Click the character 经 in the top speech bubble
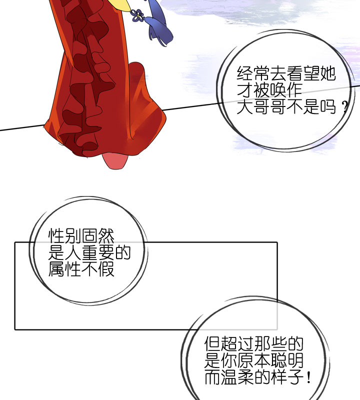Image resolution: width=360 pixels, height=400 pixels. pyautogui.click(x=245, y=74)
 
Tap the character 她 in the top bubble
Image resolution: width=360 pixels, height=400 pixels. pyautogui.click(x=327, y=74)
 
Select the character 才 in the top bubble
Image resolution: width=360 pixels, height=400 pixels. pyautogui.click(x=245, y=90)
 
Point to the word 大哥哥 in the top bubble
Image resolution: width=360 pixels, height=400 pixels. pyautogui.click(x=261, y=106)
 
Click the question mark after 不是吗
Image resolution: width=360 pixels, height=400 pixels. pyautogui.click(x=345, y=107)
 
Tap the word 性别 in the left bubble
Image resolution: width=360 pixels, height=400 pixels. pyautogui.click(x=64, y=235)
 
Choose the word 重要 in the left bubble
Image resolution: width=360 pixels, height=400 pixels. pyautogui.click(x=98, y=252)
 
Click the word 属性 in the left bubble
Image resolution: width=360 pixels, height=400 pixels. pyautogui.click(x=64, y=269)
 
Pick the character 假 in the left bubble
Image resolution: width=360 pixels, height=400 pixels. pyautogui.click(x=106, y=269)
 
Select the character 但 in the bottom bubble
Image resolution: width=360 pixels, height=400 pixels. pyautogui.click(x=212, y=344)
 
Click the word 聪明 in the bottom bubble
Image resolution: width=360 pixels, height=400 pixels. pyautogui.click(x=287, y=360)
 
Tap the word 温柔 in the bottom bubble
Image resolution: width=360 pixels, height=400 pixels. pyautogui.click(x=237, y=377)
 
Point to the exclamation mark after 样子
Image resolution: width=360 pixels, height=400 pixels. pyautogui.click(x=308, y=377)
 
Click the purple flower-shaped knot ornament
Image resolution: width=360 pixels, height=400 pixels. pyautogui.click(x=138, y=15)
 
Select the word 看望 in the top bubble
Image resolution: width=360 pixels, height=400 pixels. pyautogui.click(x=303, y=74)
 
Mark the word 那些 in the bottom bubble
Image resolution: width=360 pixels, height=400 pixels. pyautogui.click(x=270, y=344)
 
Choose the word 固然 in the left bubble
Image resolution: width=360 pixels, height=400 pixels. pyautogui.click(x=98, y=235)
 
